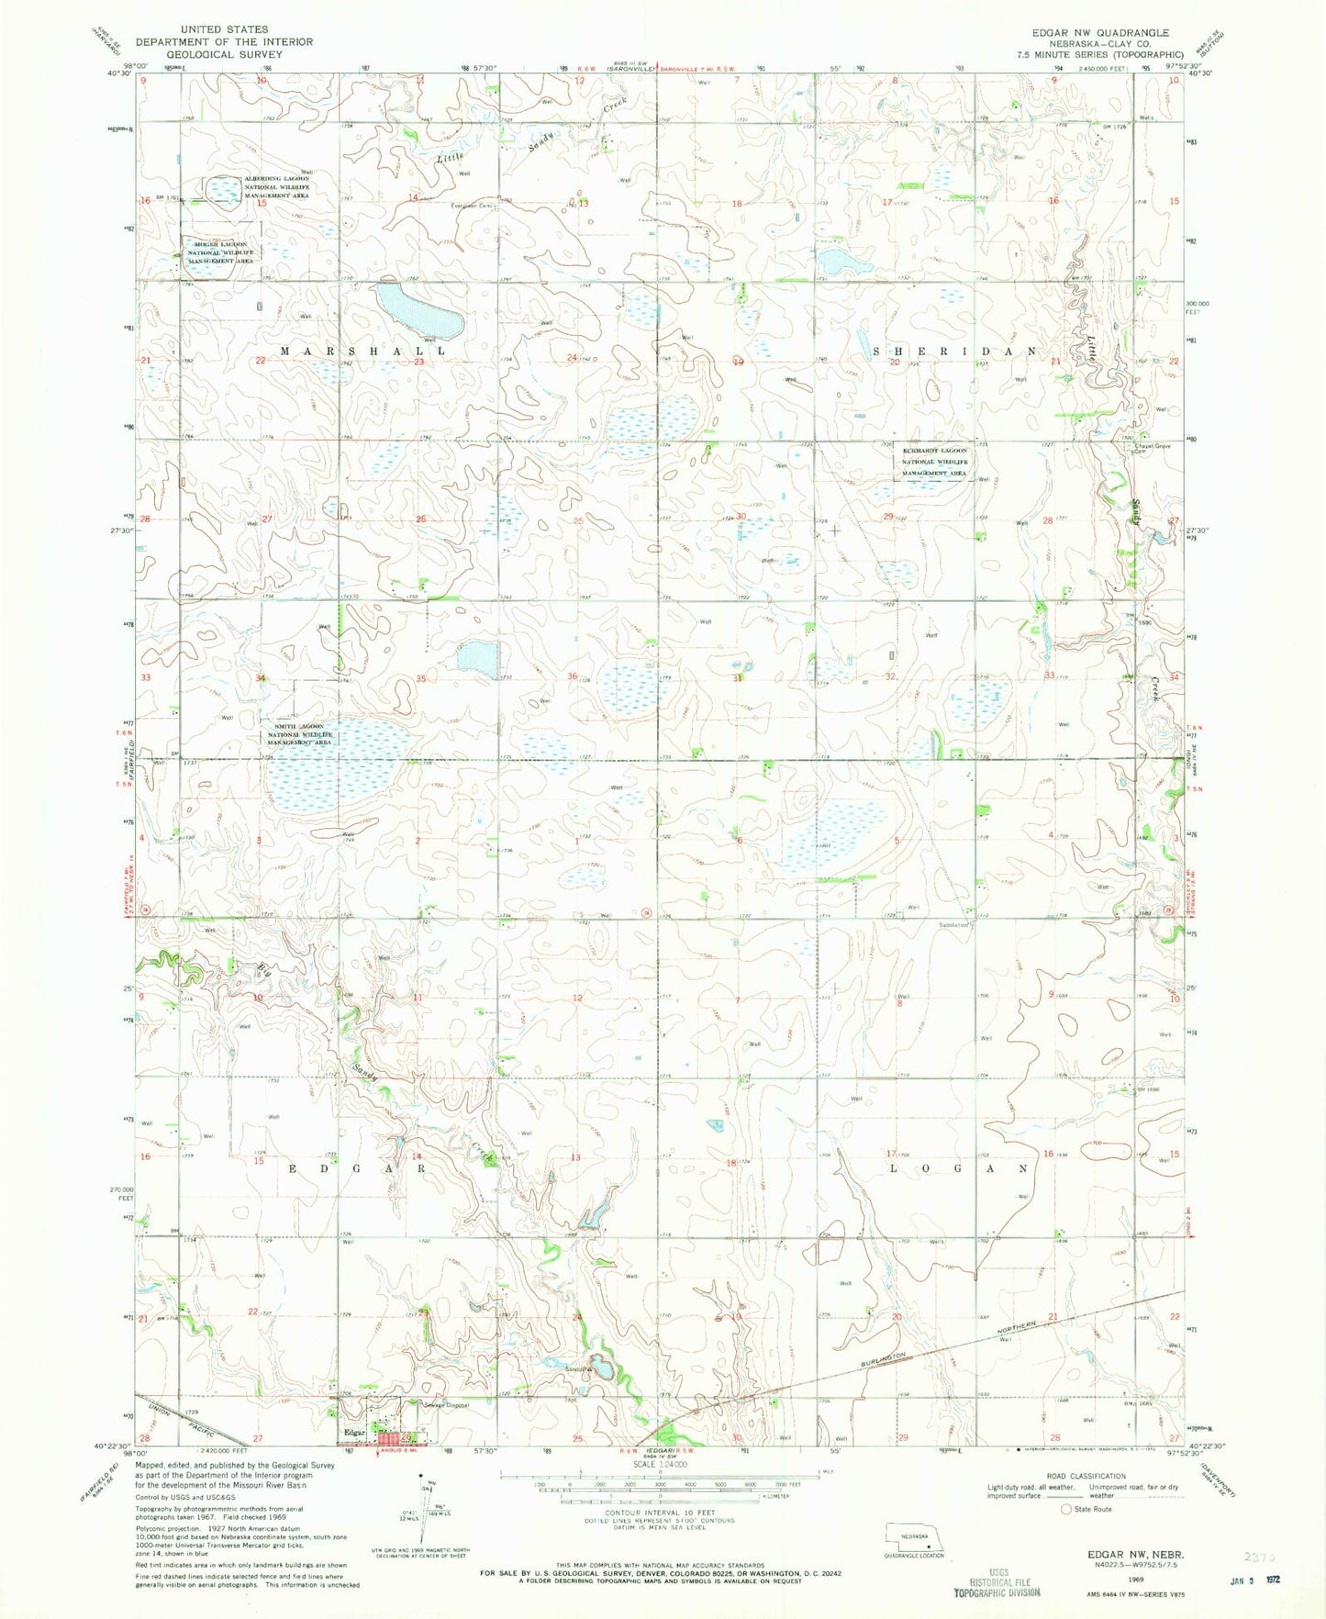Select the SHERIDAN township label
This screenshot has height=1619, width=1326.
(954, 352)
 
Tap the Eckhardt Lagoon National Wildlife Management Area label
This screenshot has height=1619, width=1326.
(933, 463)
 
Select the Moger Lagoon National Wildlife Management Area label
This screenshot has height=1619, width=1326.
(220, 252)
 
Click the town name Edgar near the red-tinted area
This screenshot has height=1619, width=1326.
(355, 1433)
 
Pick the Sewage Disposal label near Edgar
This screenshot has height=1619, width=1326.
(446, 1405)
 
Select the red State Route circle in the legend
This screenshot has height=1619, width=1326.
(1065, 1509)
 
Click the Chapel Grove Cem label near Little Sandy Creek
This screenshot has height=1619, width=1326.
(1153, 449)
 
